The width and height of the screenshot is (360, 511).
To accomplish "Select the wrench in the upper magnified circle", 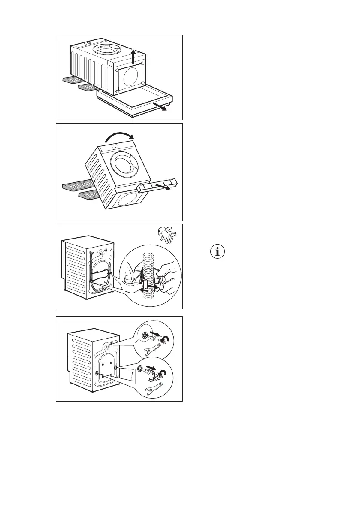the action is [153, 349].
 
